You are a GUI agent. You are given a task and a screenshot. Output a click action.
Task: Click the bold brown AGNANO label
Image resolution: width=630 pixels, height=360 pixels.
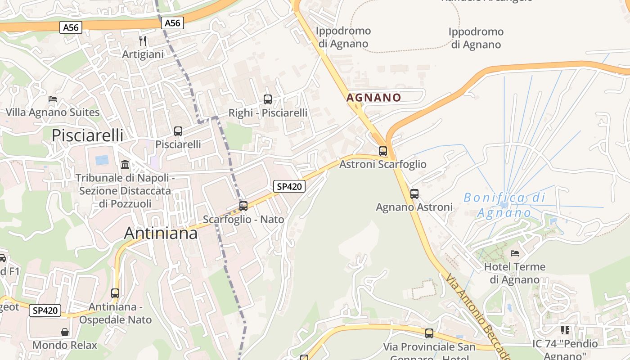[x=373, y=98]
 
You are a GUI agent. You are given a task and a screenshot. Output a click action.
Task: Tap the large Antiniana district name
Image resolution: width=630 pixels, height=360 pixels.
[x=161, y=233]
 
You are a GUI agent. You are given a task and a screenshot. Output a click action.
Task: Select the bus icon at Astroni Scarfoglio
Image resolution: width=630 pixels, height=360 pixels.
[x=383, y=151]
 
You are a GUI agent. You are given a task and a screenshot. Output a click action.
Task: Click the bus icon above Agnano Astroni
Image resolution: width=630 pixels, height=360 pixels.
[x=414, y=194]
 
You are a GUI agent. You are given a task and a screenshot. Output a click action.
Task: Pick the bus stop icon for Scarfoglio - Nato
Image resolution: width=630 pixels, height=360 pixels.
[x=243, y=206]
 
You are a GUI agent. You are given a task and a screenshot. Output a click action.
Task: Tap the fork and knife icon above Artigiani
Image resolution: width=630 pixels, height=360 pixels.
[x=143, y=41]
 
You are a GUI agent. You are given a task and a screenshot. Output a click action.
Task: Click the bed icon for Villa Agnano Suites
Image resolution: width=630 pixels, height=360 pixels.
[x=53, y=99]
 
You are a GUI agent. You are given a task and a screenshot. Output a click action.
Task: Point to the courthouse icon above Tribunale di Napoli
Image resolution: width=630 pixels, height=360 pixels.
[x=125, y=165]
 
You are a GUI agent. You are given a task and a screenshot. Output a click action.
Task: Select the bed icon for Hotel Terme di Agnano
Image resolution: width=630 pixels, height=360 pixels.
[x=515, y=253]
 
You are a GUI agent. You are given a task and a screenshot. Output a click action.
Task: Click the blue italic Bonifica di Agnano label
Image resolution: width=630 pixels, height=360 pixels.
[x=504, y=205]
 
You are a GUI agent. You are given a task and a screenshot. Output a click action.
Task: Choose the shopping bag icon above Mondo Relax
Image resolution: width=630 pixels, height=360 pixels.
[x=65, y=332]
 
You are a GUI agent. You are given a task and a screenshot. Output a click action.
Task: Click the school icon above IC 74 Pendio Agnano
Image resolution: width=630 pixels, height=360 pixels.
[x=565, y=330]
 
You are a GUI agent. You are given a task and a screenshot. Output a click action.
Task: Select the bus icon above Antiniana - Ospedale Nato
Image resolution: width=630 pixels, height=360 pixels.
[x=115, y=293]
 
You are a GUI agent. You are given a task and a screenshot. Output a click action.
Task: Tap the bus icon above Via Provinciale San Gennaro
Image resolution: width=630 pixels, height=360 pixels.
[x=429, y=333]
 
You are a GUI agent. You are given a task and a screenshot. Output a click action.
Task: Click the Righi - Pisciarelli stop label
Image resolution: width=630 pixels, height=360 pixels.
[x=268, y=113]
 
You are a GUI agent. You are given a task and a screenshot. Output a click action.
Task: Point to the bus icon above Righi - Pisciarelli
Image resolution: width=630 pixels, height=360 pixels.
[x=268, y=99]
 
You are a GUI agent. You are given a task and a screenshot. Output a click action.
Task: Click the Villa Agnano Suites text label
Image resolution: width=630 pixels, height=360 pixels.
[x=53, y=112]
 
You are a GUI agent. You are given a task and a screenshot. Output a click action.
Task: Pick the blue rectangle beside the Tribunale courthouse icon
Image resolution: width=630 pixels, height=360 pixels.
[x=102, y=160]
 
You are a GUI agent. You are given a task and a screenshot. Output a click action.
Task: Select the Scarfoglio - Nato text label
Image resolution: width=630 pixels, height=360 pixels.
[x=243, y=219]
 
